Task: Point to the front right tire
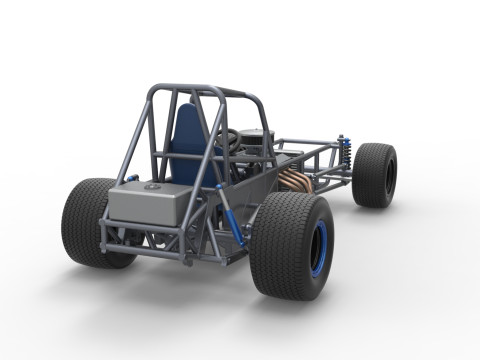(375, 175)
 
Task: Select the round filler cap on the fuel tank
(152, 186)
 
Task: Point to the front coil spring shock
(345, 152)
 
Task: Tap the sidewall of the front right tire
(389, 176)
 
